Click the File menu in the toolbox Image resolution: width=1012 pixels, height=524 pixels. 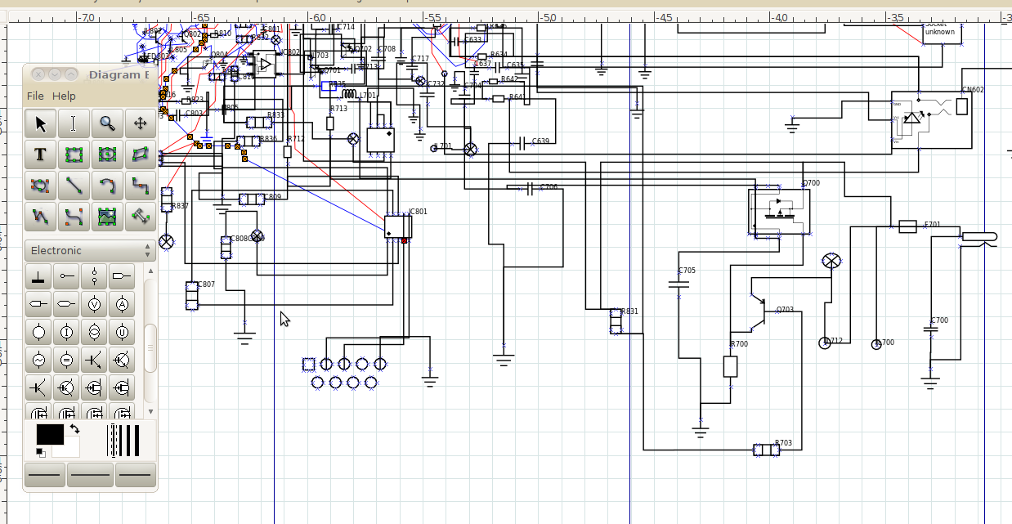click(35, 96)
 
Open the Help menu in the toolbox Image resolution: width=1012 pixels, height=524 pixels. click(64, 96)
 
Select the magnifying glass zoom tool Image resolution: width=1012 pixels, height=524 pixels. click(107, 123)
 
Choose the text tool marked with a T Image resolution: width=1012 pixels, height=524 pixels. click(41, 155)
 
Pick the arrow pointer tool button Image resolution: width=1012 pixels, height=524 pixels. click(41, 123)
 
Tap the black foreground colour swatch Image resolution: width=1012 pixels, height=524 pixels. click(49, 434)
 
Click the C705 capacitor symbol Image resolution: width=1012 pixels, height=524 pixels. click(678, 284)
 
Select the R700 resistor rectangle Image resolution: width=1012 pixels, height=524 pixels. click(731, 366)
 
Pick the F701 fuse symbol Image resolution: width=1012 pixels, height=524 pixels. click(907, 226)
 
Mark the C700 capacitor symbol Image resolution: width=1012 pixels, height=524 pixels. click(929, 329)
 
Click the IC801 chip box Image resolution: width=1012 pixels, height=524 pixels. click(398, 226)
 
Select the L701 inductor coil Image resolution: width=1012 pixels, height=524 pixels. click(350, 96)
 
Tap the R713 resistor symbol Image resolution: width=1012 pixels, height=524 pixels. click(330, 123)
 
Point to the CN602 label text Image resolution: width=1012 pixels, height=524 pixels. click(973, 90)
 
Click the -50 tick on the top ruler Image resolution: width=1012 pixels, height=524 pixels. click(549, 17)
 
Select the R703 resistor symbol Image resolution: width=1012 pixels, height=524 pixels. click(766, 450)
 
